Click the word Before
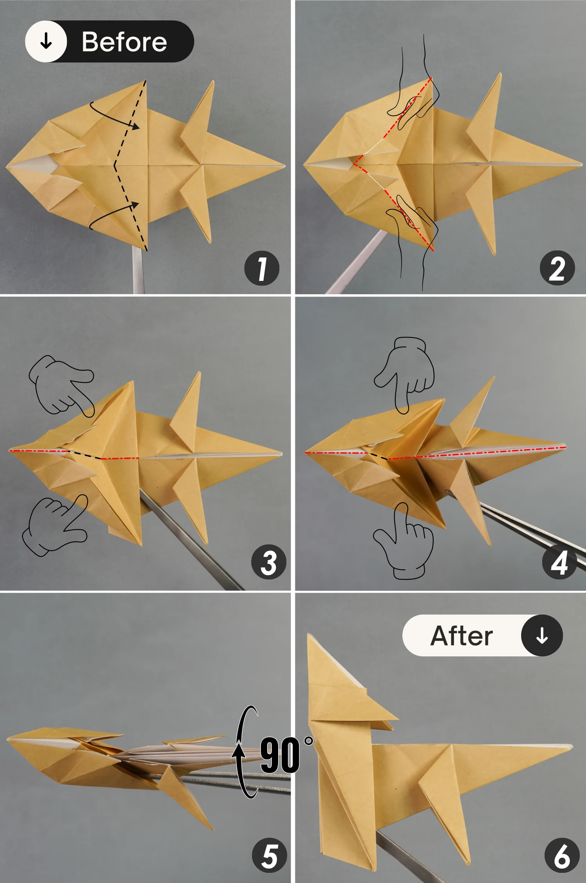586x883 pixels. tap(124, 42)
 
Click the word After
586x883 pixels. tap(461, 636)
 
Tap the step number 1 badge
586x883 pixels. tap(262, 268)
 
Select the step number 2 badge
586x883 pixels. tap(557, 268)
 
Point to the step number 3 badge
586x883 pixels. tap(269, 562)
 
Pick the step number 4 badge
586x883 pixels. tap(559, 562)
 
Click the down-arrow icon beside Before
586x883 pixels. tap(46, 41)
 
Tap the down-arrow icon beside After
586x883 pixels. tap(542, 636)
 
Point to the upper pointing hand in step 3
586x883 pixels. tap(61, 385)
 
